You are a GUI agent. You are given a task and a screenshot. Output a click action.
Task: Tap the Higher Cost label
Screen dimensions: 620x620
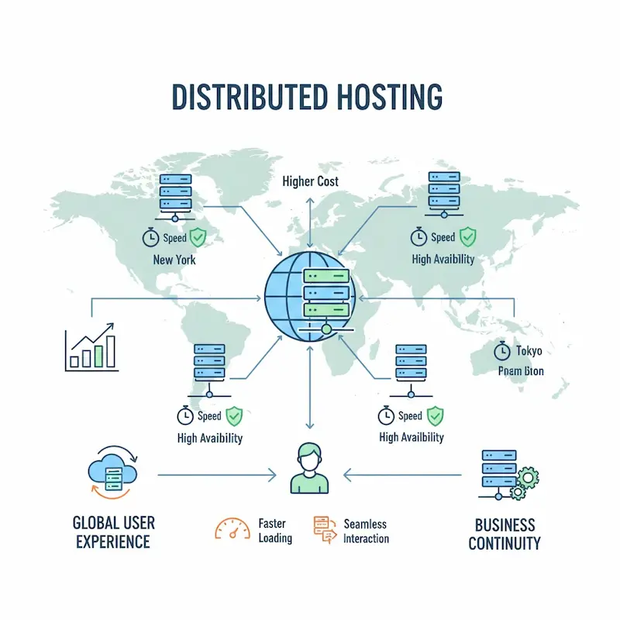pos(310,181)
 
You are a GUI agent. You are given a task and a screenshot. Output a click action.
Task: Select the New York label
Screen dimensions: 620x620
pos(174,260)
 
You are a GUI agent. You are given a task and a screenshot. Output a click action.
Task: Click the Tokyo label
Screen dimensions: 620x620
pos(529,351)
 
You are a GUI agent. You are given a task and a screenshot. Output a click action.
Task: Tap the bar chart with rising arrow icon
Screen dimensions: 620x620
pos(91,346)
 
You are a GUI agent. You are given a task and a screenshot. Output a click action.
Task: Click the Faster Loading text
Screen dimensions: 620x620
pos(275,531)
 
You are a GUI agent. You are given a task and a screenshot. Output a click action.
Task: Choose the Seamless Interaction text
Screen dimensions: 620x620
pos(366,531)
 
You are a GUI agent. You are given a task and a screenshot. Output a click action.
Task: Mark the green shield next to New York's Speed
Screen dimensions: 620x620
pos(198,237)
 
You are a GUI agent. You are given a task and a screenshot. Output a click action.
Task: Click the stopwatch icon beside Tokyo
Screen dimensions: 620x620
pos(501,351)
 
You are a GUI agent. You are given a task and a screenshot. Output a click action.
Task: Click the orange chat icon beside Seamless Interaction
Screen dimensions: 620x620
pos(324,528)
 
